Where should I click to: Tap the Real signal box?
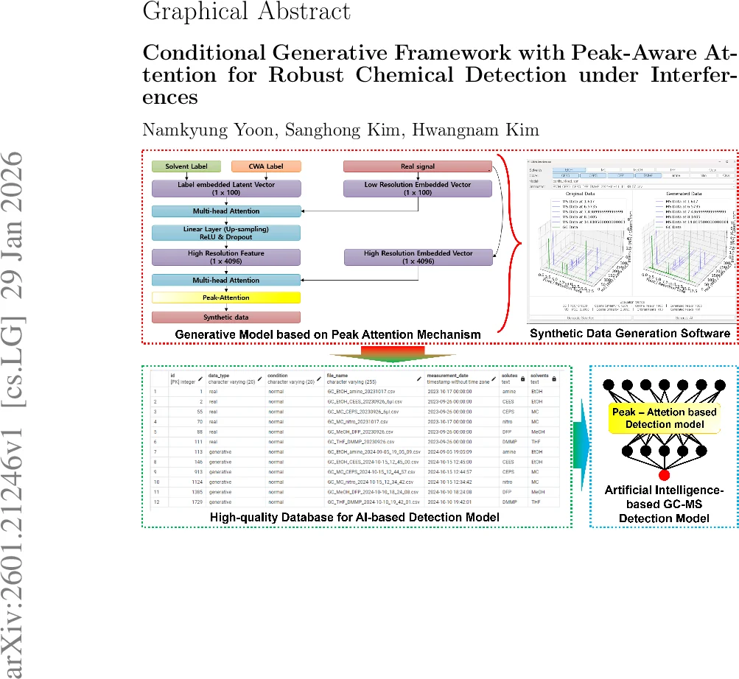pyautogui.click(x=418, y=166)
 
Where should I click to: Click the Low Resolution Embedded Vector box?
pyautogui.click(x=418, y=188)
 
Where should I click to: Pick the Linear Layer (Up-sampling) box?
pyautogui.click(x=226, y=233)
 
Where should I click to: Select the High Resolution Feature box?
pyautogui.click(x=226, y=256)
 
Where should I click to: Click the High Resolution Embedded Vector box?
pyautogui.click(x=418, y=256)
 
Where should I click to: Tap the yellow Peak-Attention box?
pyautogui.click(x=226, y=298)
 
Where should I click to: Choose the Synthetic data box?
pyautogui.click(x=226, y=317)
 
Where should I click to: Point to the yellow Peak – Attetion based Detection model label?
pyautogui.click(x=664, y=418)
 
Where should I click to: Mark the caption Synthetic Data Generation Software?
pyautogui.click(x=631, y=334)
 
